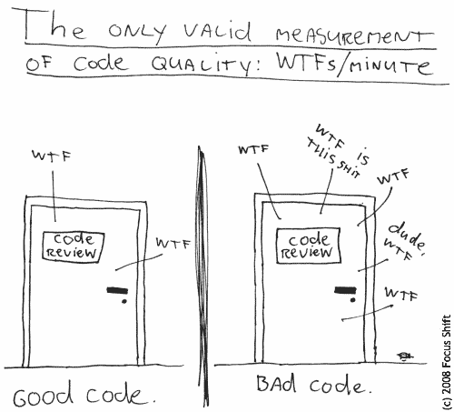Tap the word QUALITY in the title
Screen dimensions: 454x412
(x=201, y=65)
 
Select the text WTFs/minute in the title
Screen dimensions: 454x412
(x=353, y=65)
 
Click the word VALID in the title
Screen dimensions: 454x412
(x=217, y=33)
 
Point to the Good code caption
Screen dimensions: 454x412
(x=84, y=394)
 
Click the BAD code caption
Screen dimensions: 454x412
(x=313, y=385)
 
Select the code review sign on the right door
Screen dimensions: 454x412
(x=309, y=246)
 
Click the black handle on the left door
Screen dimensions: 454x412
(x=117, y=290)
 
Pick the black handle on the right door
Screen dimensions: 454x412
(x=345, y=289)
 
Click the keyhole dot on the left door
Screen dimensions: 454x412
(x=124, y=301)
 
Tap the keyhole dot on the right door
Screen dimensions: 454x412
(x=352, y=300)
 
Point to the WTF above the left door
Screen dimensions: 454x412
(x=52, y=156)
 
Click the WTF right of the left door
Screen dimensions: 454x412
(x=173, y=243)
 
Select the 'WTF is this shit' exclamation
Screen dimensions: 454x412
(x=338, y=151)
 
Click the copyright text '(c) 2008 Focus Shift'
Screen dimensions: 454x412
(x=446, y=363)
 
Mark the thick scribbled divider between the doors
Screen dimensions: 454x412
(x=203, y=276)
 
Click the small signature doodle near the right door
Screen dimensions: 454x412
(x=405, y=356)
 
